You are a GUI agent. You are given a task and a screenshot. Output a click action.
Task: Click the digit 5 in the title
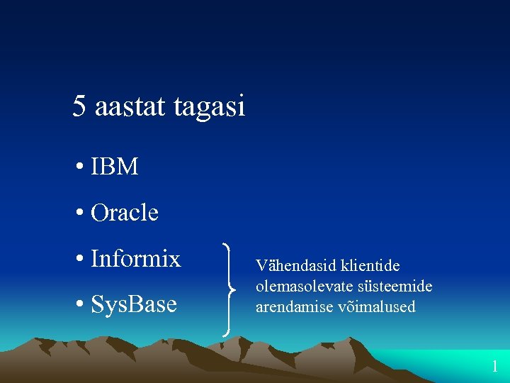pos(79,106)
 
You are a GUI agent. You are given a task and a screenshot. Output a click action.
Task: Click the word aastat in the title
pos(126,106)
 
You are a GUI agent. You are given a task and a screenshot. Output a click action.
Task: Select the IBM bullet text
pos(114,167)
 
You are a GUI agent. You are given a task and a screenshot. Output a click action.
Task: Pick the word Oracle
pos(125,212)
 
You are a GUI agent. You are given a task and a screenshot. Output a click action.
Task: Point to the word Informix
pos(136,259)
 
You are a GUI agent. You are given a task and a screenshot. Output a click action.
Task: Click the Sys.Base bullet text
pos(134,304)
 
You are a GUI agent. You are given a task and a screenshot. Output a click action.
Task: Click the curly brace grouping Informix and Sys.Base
pos(228,288)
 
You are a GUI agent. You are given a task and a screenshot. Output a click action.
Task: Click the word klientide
pos(370,266)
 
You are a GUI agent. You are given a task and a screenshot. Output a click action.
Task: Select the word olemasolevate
pos(301,287)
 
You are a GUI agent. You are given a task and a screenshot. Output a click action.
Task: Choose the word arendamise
pos(292,307)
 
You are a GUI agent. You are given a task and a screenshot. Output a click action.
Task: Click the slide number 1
pos(495,367)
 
